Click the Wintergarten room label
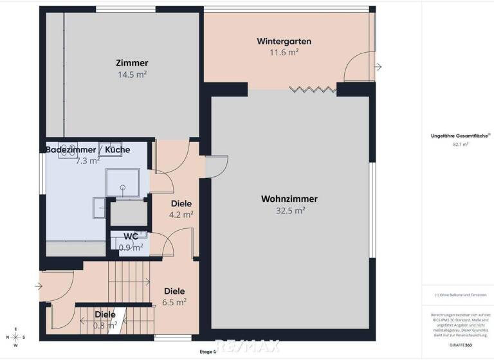click(x=284, y=41)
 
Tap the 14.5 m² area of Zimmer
click(x=132, y=75)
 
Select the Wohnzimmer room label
click(x=289, y=199)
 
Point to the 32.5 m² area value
click(x=290, y=210)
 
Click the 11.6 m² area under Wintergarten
click(x=284, y=53)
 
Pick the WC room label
click(x=131, y=236)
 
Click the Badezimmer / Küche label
click(x=87, y=150)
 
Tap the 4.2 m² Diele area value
click(x=181, y=215)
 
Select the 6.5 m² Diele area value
click(x=174, y=301)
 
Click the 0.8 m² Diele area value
click(x=105, y=325)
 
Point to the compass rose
click(x=17, y=337)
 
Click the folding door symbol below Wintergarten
click(x=311, y=89)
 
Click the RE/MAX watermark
click(x=247, y=346)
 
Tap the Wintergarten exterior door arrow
click(x=378, y=67)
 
